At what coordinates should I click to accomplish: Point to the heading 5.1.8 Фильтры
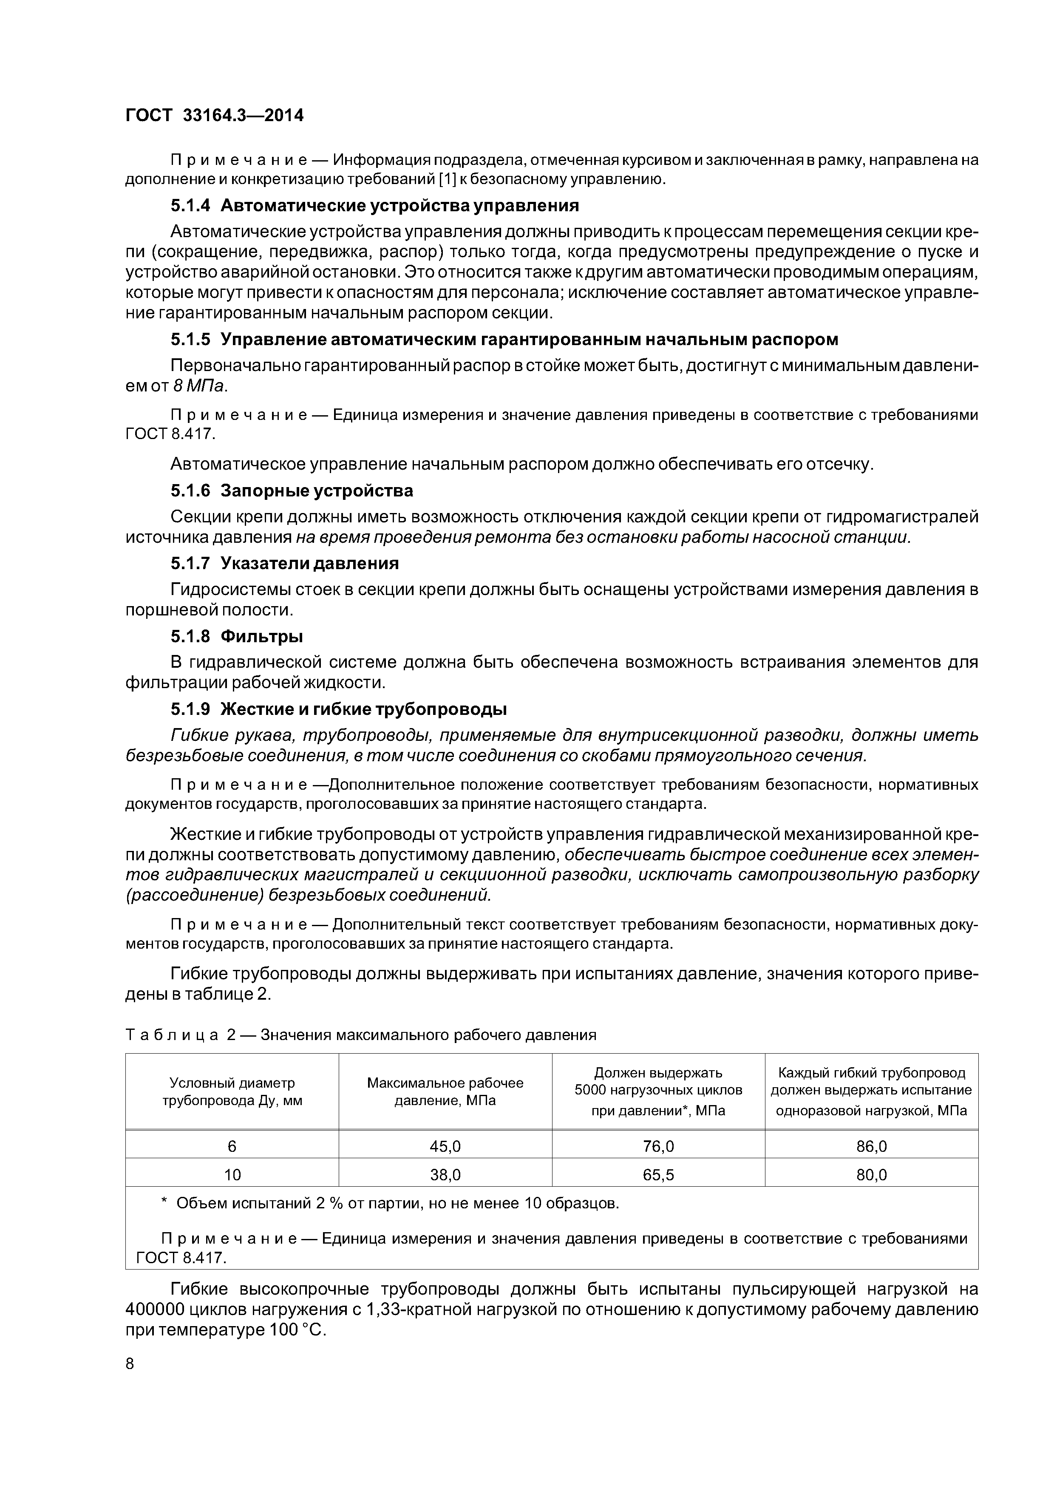pos(237,636)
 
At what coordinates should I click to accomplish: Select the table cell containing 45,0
pos(445,1146)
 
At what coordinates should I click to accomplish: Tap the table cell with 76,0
pos(658,1146)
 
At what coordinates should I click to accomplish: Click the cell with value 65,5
pos(658,1175)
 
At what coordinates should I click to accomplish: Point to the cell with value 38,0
pos(445,1175)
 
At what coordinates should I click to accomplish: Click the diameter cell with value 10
pos(232,1175)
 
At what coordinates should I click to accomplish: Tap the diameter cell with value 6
pos(232,1146)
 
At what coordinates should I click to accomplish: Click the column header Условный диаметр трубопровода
pos(232,1091)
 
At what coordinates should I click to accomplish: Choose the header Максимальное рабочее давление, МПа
pos(445,1091)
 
